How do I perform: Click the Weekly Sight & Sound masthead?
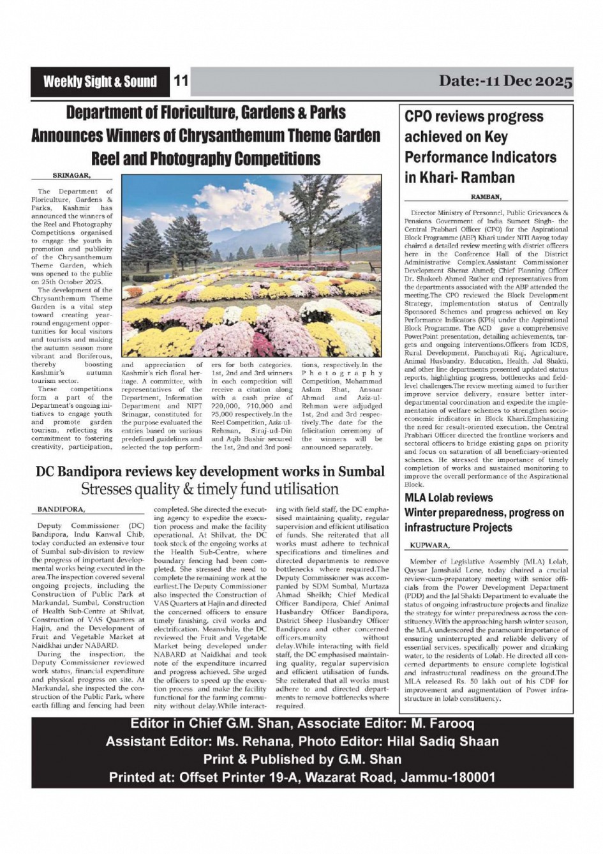click(x=100, y=82)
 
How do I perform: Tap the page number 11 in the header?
click(x=181, y=82)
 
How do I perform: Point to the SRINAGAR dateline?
click(x=71, y=174)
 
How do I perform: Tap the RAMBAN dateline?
click(x=486, y=197)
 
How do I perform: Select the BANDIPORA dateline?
click(x=61, y=510)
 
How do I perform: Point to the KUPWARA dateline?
click(x=429, y=546)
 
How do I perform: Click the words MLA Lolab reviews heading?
click(x=449, y=498)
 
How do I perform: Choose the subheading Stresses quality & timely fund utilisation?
click(x=209, y=490)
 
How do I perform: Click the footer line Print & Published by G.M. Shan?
click(x=302, y=760)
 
